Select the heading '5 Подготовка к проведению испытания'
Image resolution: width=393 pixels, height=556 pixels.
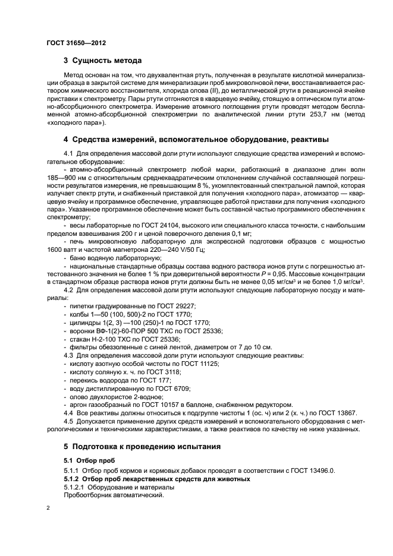142,446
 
